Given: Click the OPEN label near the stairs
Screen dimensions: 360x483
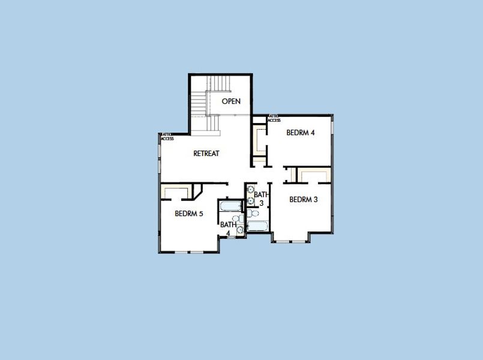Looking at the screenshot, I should click(x=231, y=101).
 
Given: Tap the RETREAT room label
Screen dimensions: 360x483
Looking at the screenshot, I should click(x=206, y=153).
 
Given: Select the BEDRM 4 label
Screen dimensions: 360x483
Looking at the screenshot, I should click(x=301, y=133).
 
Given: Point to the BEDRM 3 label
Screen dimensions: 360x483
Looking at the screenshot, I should click(x=303, y=199).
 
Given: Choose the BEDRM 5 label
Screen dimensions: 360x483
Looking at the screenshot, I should click(x=188, y=213).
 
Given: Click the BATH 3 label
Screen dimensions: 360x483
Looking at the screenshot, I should click(x=260, y=199).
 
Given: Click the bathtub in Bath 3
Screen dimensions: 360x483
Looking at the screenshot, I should click(x=258, y=226).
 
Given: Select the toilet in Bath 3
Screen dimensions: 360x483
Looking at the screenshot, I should click(x=253, y=213).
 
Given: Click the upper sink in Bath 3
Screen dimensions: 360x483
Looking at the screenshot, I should click(x=250, y=191).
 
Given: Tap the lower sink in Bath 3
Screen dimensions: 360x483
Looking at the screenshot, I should click(x=250, y=202).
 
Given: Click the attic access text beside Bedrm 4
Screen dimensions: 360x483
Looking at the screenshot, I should click(x=274, y=118).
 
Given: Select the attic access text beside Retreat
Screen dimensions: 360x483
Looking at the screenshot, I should click(x=167, y=137).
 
